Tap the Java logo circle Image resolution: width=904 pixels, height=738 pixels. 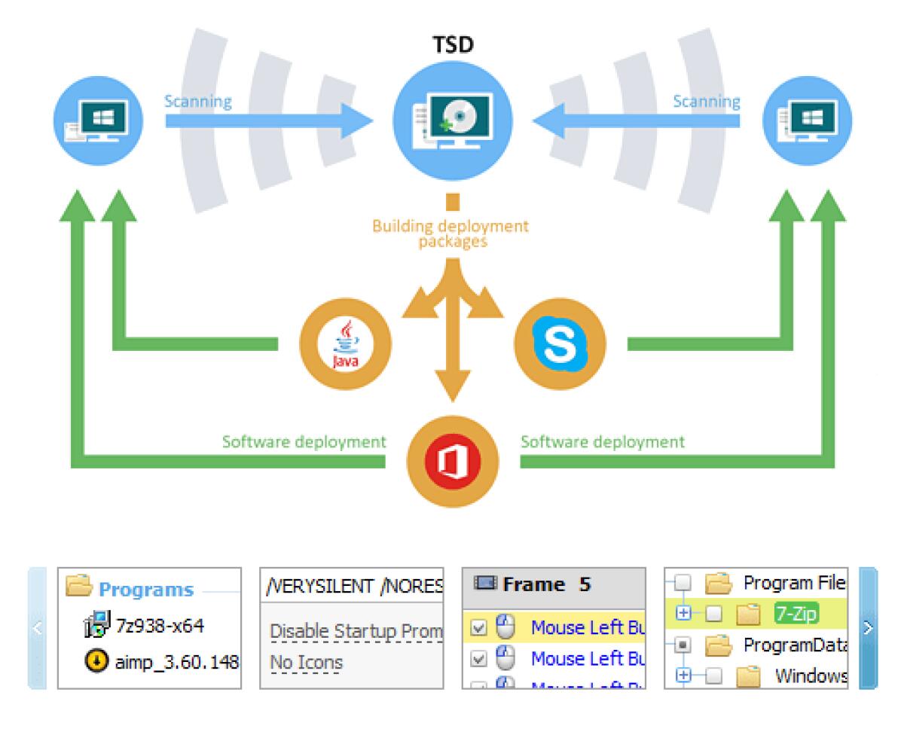tap(345, 344)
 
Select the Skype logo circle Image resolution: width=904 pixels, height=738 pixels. tap(559, 344)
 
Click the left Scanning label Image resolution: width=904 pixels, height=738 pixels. tap(198, 102)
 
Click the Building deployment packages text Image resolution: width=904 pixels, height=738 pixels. tap(450, 233)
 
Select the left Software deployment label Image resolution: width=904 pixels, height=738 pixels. tap(304, 441)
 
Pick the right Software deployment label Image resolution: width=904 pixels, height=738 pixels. tap(603, 441)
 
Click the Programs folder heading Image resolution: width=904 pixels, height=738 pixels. tap(145, 589)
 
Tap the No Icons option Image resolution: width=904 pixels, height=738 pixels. tap(306, 663)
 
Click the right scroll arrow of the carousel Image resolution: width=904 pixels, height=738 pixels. tap(869, 627)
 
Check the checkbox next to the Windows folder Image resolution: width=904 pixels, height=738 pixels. tap(713, 675)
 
